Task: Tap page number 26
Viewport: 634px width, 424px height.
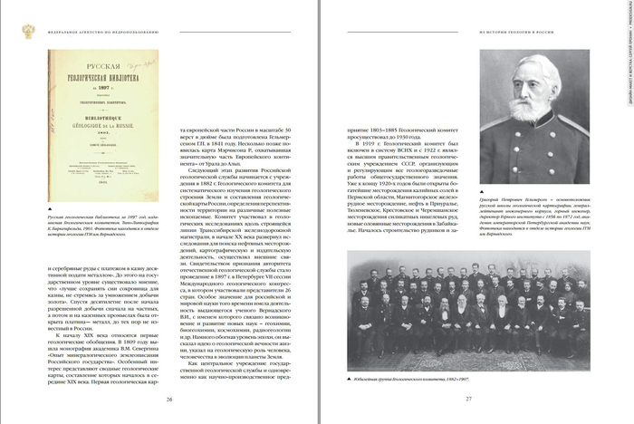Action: (168, 399)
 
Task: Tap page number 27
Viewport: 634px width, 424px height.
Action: (469, 399)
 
